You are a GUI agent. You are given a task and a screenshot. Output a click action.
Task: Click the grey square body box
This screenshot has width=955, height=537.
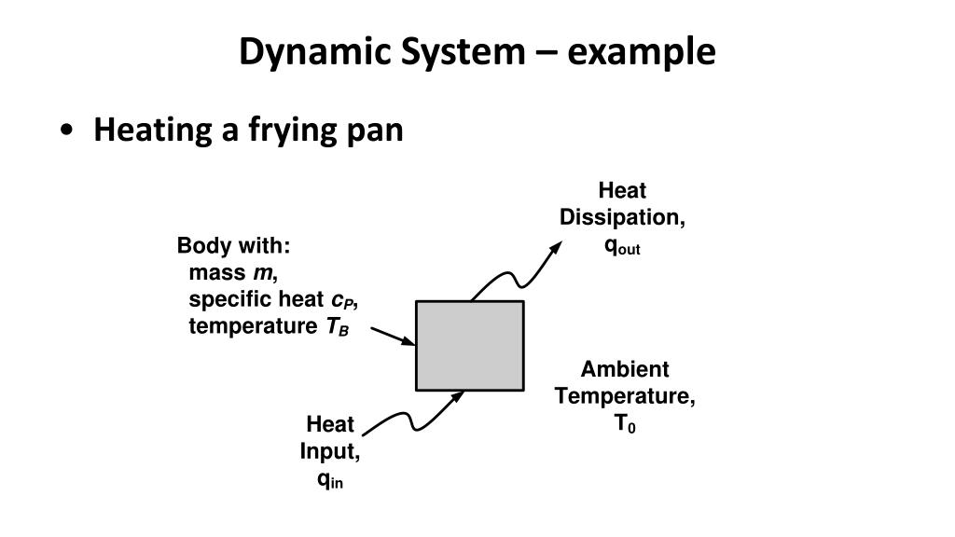pos(469,345)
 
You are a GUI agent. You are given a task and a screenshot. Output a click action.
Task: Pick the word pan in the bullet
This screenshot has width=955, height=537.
pos(374,130)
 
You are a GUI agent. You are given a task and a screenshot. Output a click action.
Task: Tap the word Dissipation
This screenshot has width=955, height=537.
pos(622,217)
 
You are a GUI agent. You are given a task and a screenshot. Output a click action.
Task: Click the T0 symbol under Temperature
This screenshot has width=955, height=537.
pos(624,424)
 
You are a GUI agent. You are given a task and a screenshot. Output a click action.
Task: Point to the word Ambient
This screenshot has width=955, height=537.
pos(625,369)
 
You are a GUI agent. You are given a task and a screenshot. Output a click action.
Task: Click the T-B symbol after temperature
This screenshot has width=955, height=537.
pos(336,327)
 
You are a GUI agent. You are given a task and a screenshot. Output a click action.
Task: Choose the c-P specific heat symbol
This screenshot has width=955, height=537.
pos(342,300)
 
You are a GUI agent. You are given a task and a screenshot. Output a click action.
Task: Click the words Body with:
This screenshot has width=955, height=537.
pos(234,246)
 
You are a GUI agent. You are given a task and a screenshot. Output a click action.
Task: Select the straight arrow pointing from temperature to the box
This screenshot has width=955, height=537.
pos(393,336)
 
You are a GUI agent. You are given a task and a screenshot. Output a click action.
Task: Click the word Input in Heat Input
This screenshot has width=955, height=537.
pos(329,452)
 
